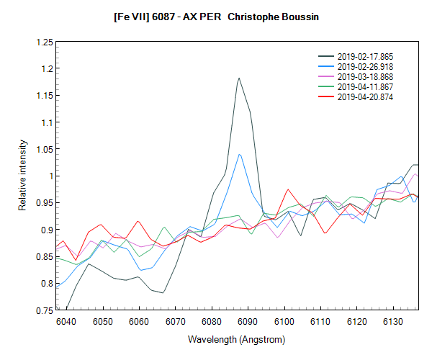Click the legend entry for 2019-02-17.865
pyautogui.click(x=365, y=56)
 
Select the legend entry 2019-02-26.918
pyautogui.click(x=365, y=66)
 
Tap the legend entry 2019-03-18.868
pyautogui.click(x=365, y=76)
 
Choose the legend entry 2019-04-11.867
pyautogui.click(x=365, y=86)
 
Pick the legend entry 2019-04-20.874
pyautogui.click(x=365, y=96)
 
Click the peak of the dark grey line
pyautogui.click(x=238, y=78)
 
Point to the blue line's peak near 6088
pyautogui.click(x=239, y=153)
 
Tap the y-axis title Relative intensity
pyautogui.click(x=22, y=176)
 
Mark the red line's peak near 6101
pyautogui.click(x=288, y=189)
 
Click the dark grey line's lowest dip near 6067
pyautogui.click(x=163, y=293)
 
